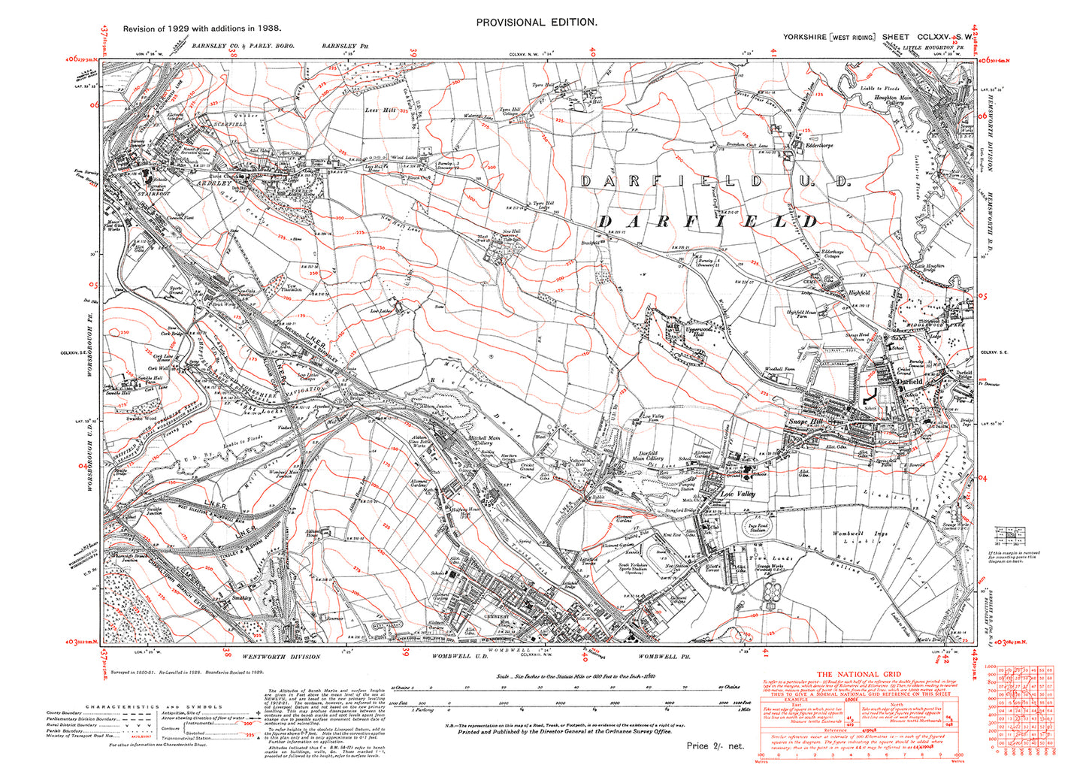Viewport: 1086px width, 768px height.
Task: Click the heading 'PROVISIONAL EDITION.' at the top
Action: tap(537, 23)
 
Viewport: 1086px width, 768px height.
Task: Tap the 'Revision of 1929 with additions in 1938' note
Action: tap(202, 28)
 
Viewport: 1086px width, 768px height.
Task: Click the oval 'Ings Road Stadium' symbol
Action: tap(758, 528)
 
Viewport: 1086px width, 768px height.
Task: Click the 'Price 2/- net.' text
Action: tap(715, 745)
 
